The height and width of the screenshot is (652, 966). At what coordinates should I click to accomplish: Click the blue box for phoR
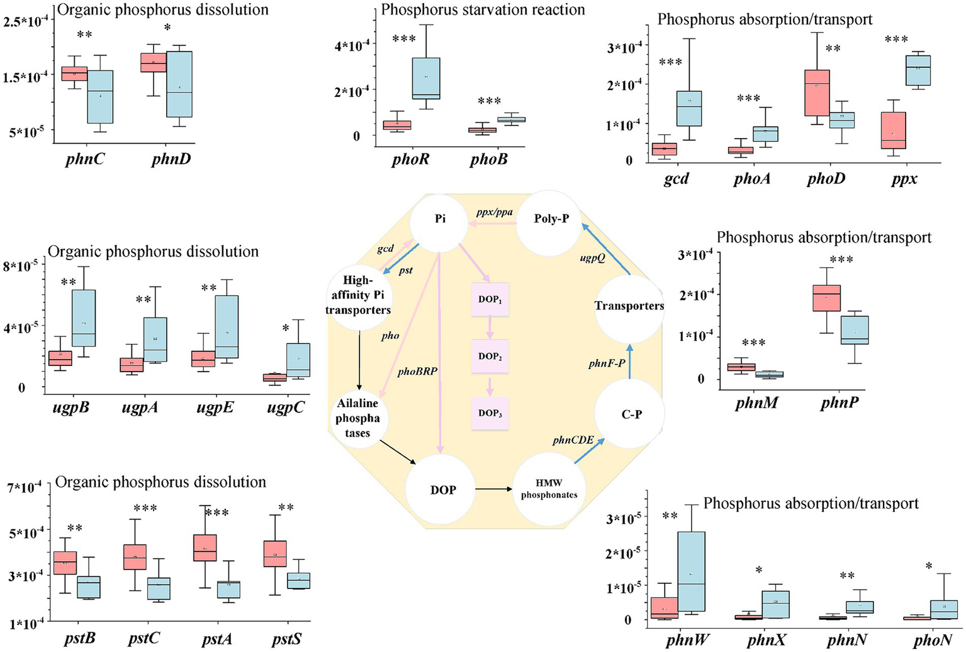[426, 78]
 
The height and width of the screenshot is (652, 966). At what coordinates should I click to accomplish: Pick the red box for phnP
[827, 298]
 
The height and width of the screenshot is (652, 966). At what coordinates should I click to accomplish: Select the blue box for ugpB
[83, 317]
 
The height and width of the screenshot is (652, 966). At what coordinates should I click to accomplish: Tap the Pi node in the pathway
[441, 219]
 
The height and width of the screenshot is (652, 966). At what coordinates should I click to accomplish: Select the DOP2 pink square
[490, 356]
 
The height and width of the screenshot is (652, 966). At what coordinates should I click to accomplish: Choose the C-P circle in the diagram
[631, 415]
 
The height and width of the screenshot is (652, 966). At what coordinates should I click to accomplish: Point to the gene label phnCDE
[573, 440]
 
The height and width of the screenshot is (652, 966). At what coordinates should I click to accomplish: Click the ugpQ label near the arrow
[592, 258]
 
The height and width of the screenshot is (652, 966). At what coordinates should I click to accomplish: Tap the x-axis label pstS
[287, 639]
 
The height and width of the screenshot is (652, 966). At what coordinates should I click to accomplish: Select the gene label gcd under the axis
[676, 179]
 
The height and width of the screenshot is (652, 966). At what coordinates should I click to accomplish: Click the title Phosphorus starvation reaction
[483, 9]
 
